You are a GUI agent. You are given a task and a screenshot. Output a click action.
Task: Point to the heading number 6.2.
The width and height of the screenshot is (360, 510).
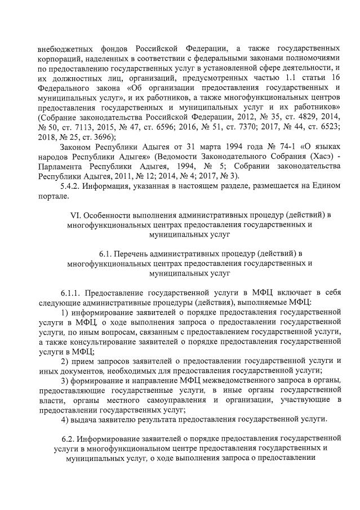[68, 438]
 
